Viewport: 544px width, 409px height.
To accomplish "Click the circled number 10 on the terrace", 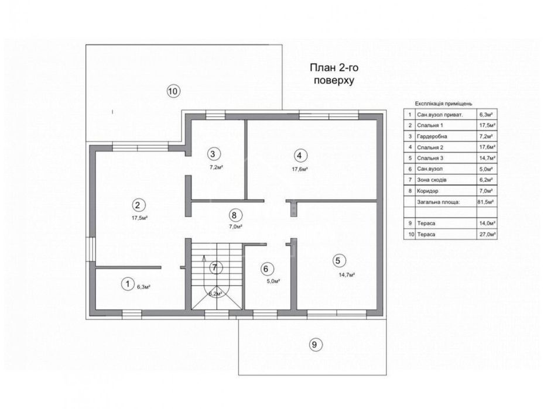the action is tap(173, 91).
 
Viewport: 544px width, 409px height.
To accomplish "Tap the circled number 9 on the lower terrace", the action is tap(314, 345).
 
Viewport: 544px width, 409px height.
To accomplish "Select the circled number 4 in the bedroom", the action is tap(300, 156).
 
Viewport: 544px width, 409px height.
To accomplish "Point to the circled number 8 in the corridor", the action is tap(234, 215).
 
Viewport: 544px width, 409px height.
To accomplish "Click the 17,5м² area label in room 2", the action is tap(140, 218).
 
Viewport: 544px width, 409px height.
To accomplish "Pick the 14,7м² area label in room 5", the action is tap(347, 274).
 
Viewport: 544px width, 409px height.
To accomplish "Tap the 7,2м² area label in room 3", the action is tap(216, 167).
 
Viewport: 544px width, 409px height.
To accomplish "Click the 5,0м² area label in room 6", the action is tap(273, 281).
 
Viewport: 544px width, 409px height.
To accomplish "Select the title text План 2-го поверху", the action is tap(334, 74).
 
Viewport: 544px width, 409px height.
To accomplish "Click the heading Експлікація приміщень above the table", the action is tap(443, 104).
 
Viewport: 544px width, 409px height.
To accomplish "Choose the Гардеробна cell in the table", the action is tap(432, 136).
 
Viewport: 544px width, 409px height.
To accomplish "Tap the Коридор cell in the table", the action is tap(427, 191).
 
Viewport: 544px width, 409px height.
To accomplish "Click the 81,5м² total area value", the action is tap(487, 201).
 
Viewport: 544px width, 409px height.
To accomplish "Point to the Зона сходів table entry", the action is tap(432, 180).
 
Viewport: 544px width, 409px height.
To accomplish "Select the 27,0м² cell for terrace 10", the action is tap(487, 234).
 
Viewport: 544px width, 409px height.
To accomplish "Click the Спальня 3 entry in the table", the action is tap(430, 158).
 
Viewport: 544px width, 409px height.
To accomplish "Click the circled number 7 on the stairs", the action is tap(215, 267).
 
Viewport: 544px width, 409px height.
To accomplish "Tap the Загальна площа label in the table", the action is tap(439, 202).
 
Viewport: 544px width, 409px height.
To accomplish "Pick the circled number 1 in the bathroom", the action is tap(128, 284).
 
